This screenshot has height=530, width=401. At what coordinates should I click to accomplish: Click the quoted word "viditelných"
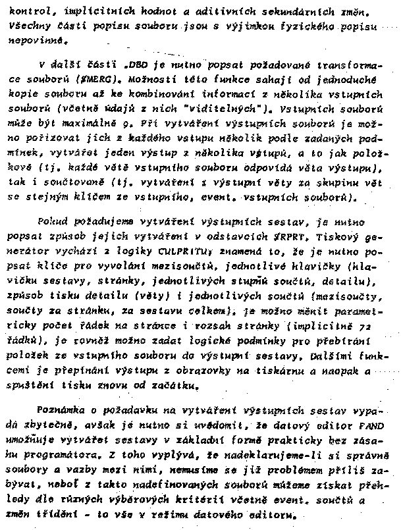pyautogui.click(x=210, y=107)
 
